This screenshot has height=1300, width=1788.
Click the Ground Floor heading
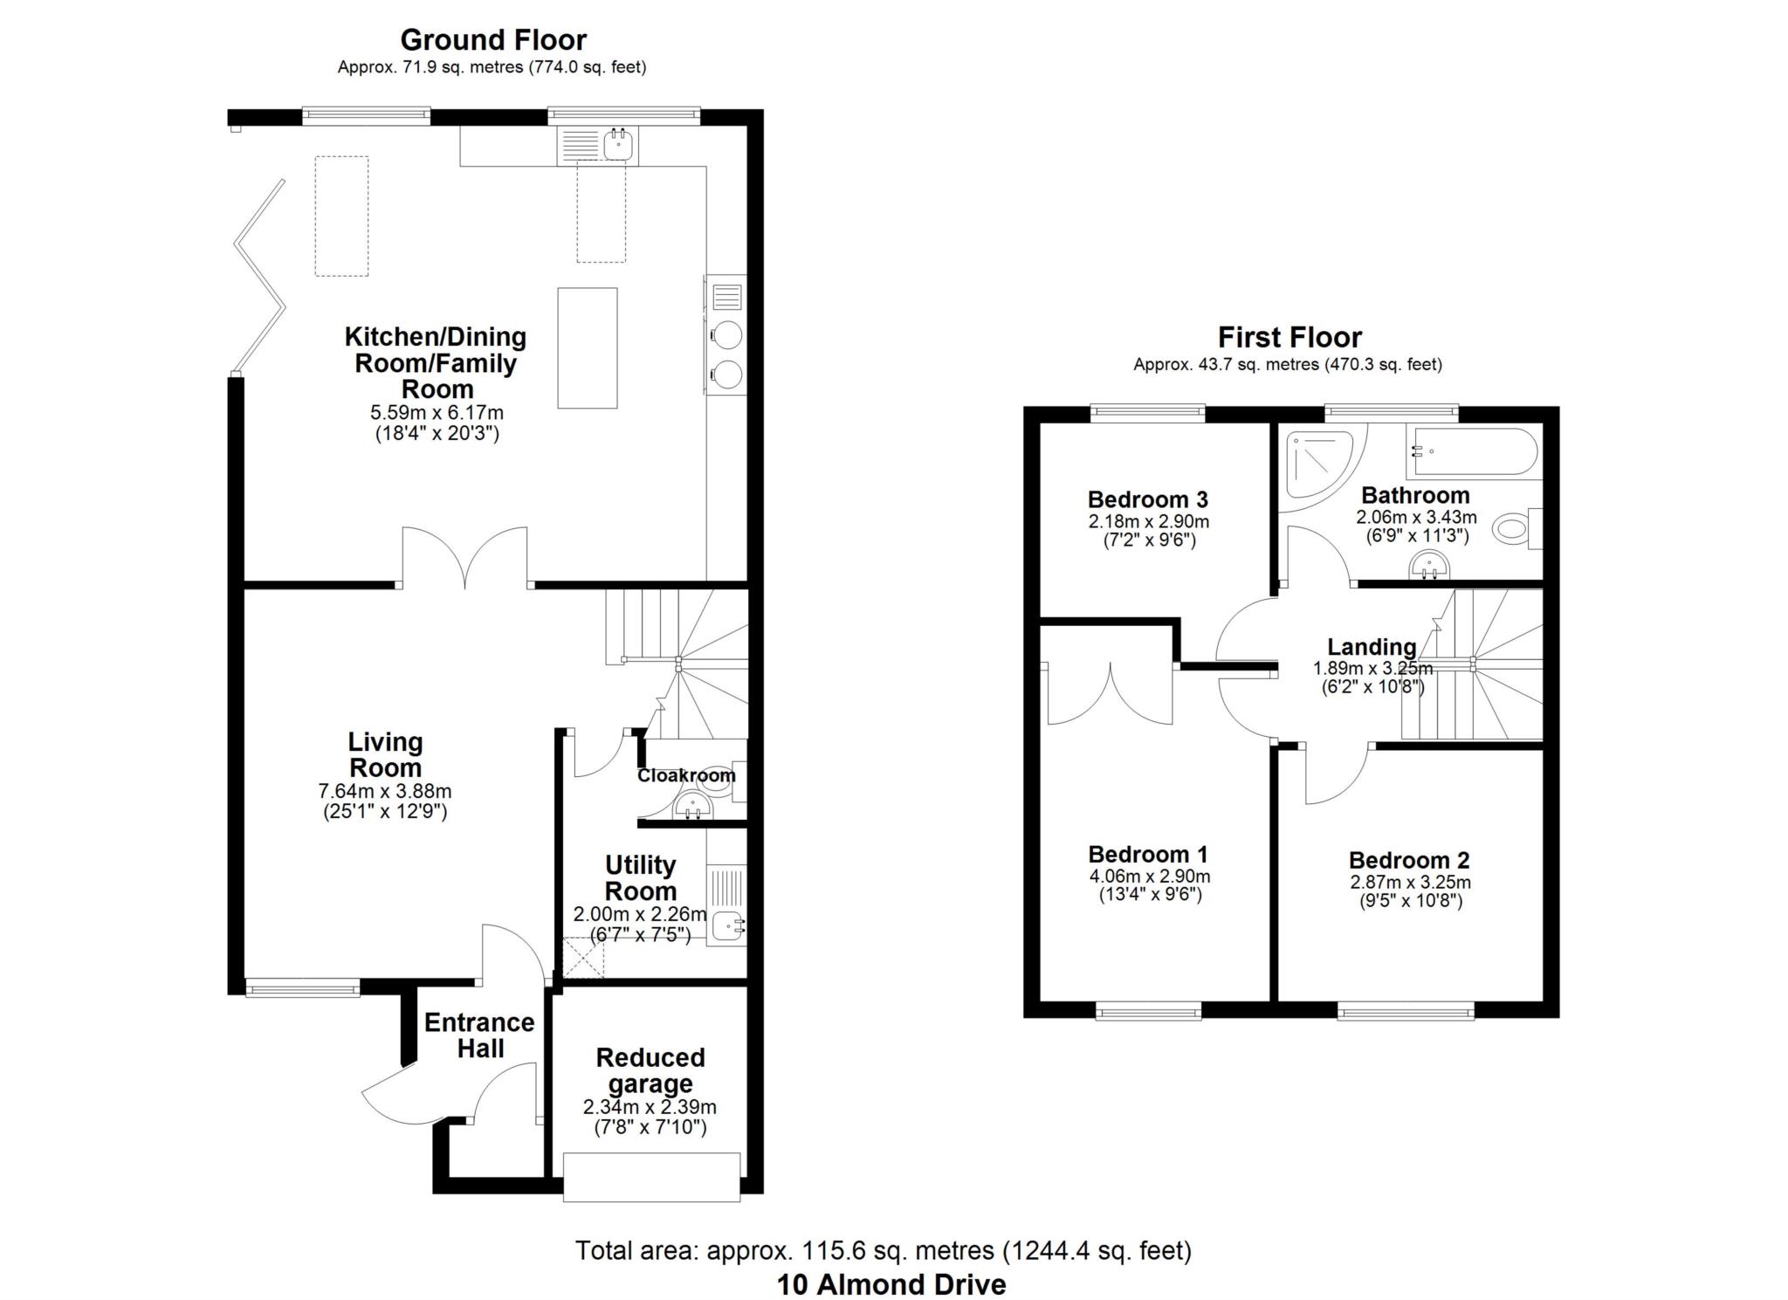493,39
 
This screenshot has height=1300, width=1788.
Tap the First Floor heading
1289,337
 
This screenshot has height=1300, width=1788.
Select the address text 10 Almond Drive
891,1284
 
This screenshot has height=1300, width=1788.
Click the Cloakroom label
686,775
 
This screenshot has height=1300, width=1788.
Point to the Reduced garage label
650,1070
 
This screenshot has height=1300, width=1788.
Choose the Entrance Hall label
479,1035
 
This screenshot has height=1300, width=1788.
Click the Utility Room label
641,878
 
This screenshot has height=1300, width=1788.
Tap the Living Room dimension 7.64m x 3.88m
385,792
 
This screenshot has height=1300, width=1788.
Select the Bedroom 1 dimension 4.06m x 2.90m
1149,877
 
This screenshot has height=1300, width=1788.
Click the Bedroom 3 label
1148,499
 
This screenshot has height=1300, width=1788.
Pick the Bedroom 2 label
1409,860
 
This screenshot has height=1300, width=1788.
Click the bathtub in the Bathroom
1471,451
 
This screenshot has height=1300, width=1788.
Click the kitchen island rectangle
588,347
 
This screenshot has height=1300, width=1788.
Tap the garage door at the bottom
651,1177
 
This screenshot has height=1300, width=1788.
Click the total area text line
883,1251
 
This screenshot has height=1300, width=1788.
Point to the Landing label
1372,647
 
